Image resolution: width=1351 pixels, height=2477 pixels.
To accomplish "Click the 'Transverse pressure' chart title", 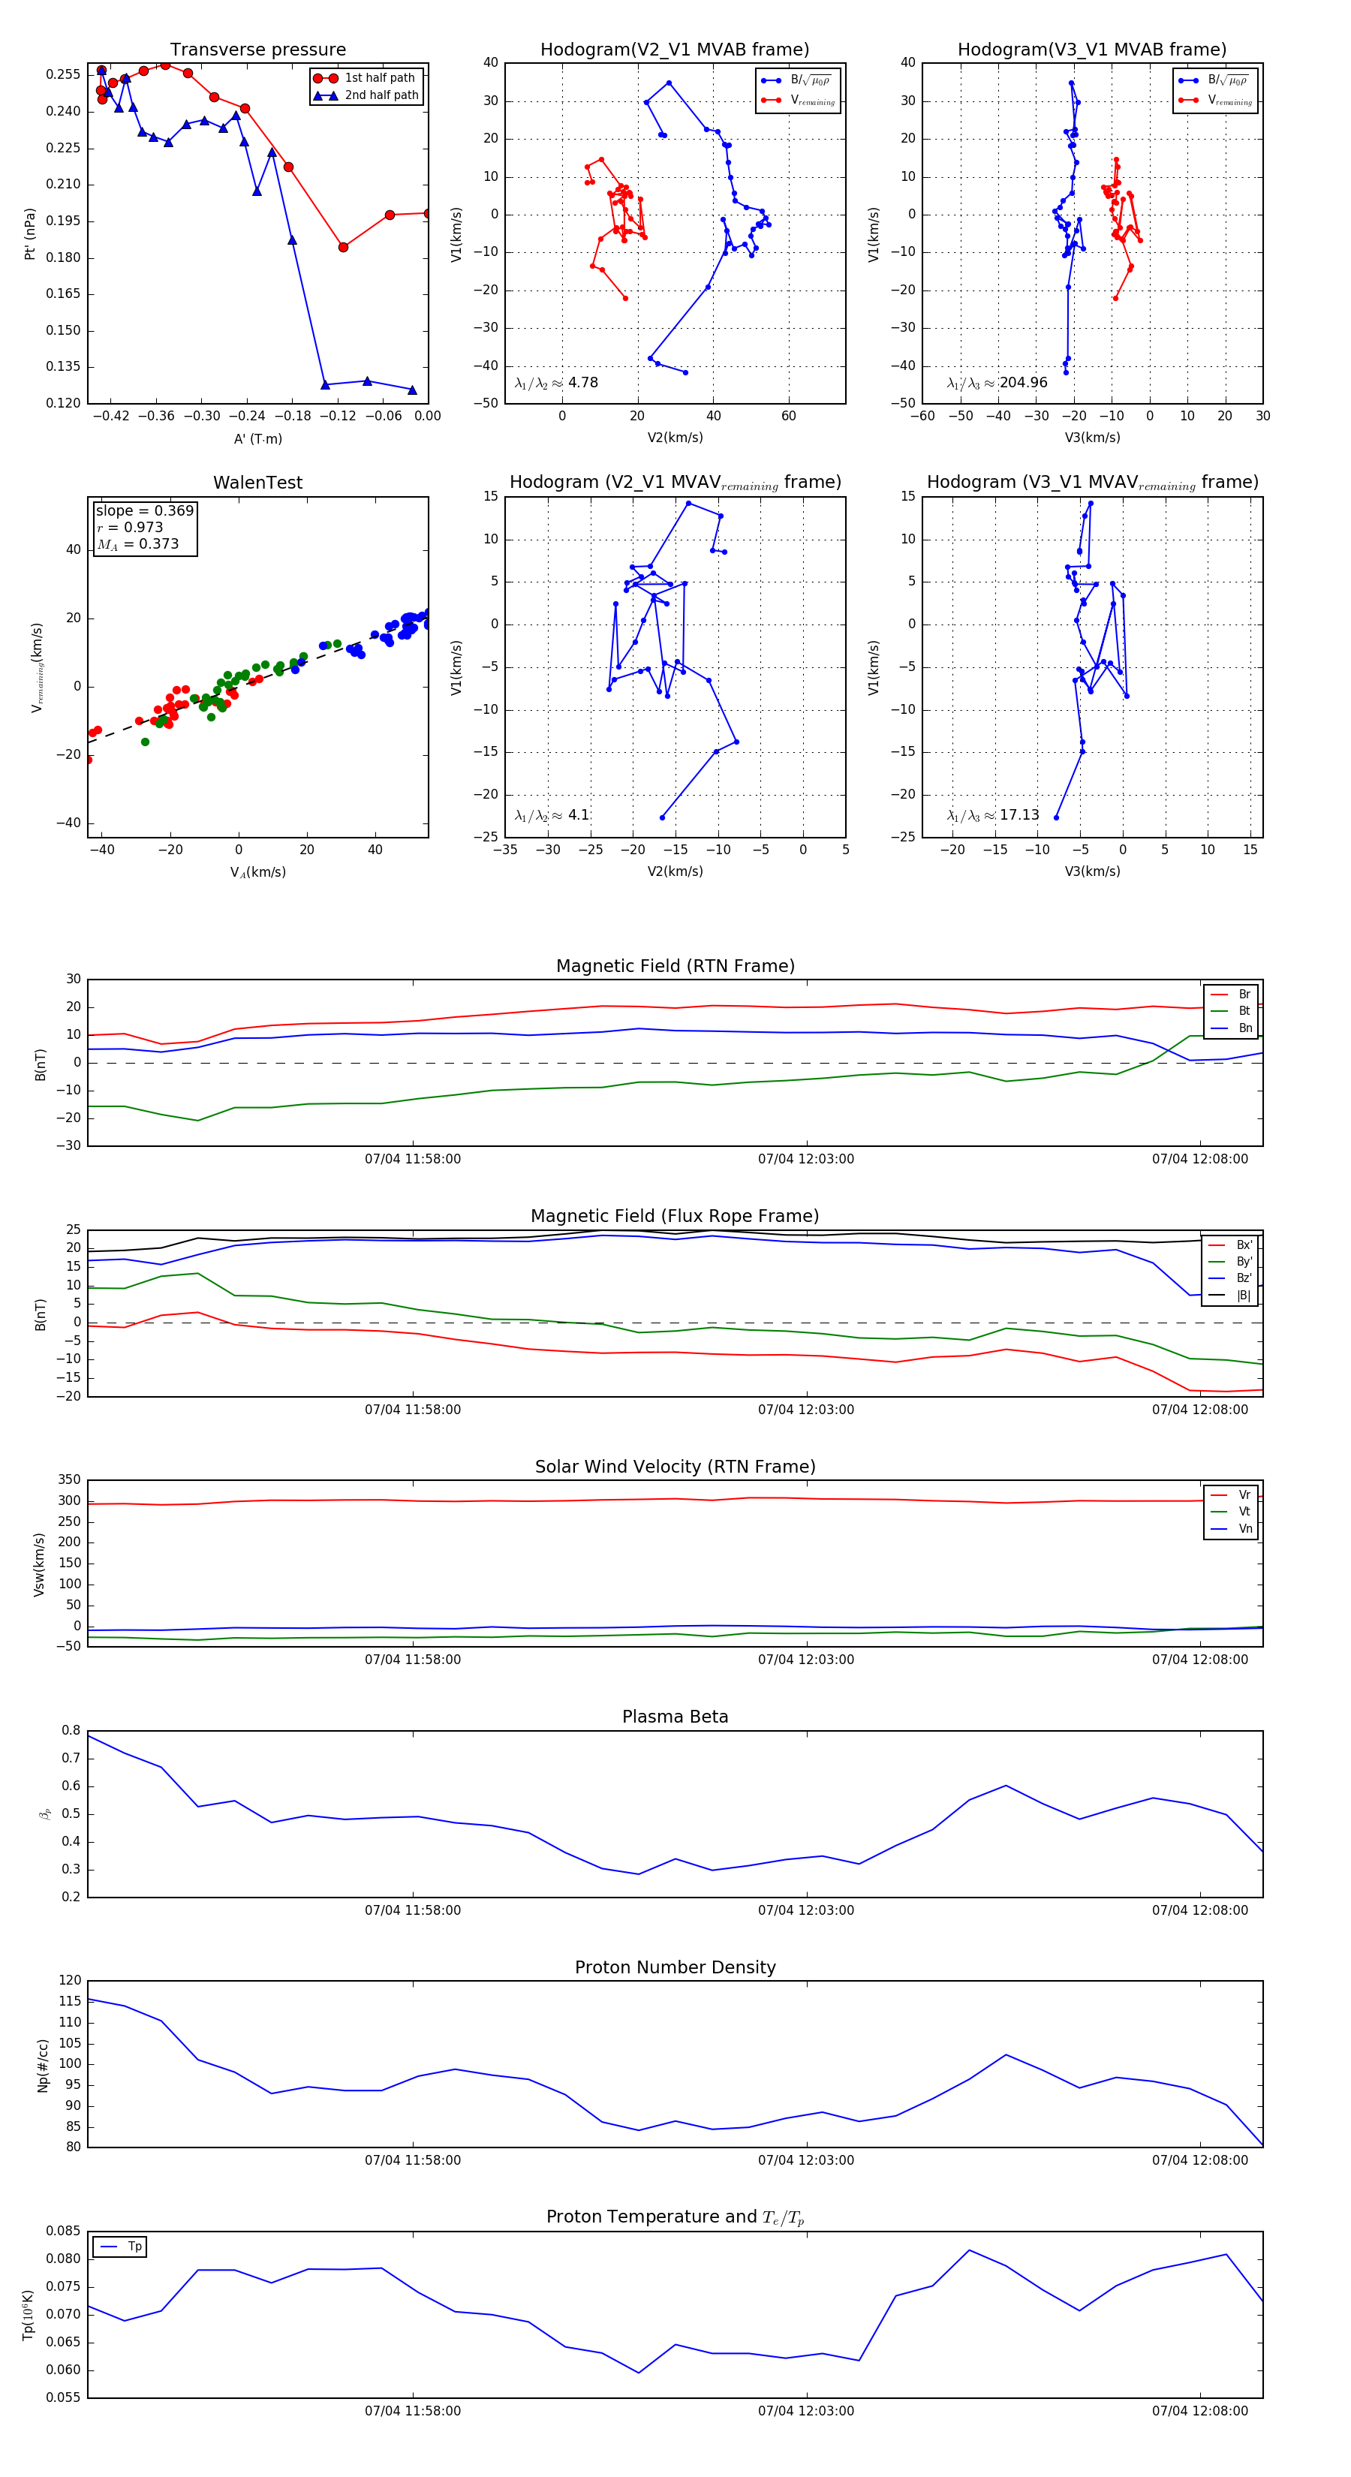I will coord(257,50).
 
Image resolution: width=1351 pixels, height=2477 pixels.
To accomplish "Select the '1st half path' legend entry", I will coord(379,78).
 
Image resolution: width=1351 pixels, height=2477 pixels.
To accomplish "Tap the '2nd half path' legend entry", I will coord(381,95).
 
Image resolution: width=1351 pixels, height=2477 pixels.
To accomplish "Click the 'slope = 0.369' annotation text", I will coord(144,510).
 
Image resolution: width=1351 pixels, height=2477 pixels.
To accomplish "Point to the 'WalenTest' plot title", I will coord(257,483).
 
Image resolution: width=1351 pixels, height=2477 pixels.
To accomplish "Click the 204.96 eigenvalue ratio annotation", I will coord(1023,383).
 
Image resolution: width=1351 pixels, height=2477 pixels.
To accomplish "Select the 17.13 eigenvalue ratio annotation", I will coord(1019,815).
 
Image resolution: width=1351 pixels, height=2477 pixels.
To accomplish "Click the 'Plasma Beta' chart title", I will coord(675,1717).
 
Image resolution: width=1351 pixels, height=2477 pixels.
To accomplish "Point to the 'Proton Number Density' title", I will coord(675,1967).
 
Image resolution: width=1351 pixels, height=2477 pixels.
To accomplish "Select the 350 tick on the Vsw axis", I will coord(69,1480).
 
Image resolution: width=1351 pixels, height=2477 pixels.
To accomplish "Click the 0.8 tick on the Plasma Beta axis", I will coord(71,1731).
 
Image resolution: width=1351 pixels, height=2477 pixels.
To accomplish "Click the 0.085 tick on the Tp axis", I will coord(64,2231).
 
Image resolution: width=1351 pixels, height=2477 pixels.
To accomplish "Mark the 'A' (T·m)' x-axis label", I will coord(257,438).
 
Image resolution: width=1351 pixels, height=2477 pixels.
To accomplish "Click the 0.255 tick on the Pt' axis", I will coord(64,74).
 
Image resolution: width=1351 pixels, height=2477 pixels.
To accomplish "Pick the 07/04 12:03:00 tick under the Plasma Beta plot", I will coord(806,1910).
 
